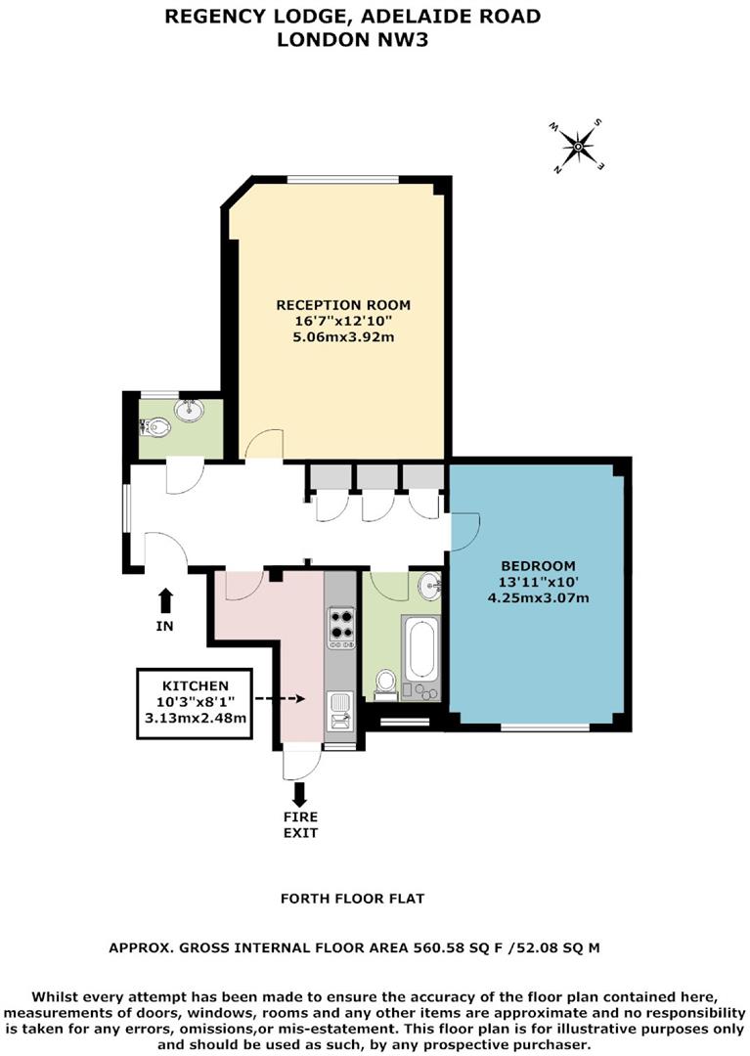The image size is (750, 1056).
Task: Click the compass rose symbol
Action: (x=577, y=148)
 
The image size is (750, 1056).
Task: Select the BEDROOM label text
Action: (x=538, y=566)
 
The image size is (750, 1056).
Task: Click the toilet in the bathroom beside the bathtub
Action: (x=386, y=682)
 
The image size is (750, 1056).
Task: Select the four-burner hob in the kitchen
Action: (x=340, y=623)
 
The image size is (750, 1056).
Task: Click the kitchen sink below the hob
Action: (x=339, y=711)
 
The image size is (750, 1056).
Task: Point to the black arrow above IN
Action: (x=165, y=598)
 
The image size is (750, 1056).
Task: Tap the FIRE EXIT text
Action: (x=301, y=824)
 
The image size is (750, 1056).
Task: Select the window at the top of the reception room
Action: (x=343, y=179)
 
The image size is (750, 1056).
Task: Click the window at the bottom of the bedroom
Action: (x=545, y=726)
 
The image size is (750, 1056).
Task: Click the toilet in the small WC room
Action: (x=155, y=426)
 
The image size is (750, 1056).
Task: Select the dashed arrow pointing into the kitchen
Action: (x=281, y=699)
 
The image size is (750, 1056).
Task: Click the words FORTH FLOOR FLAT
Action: (x=352, y=898)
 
